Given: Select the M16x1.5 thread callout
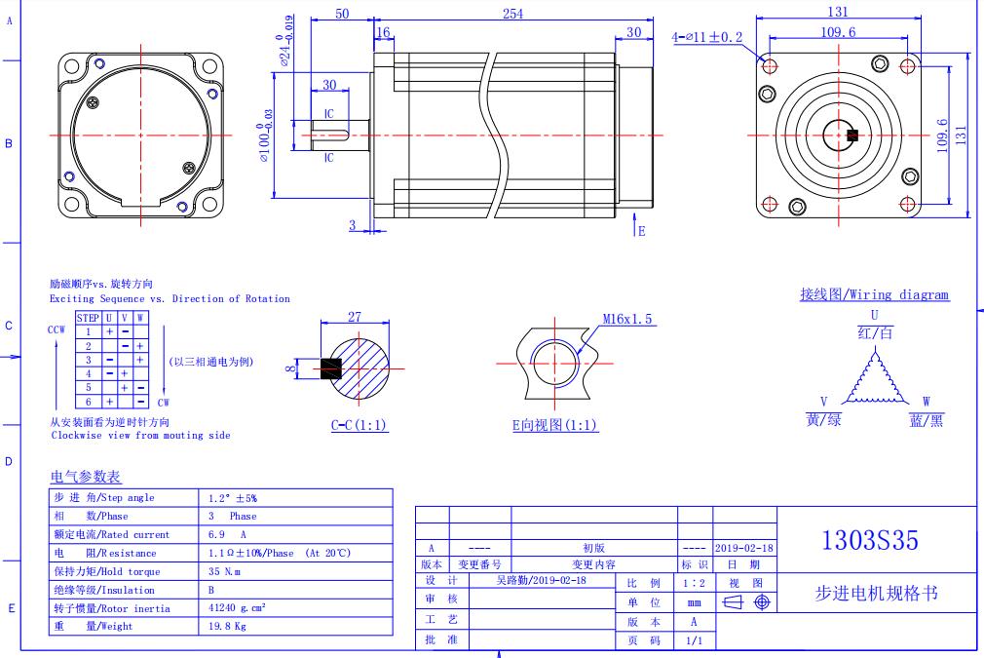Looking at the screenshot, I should (x=628, y=319).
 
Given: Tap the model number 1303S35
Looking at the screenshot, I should (x=870, y=541).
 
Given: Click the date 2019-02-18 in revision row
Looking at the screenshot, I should (x=744, y=548).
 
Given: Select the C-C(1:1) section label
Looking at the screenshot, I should (x=360, y=425).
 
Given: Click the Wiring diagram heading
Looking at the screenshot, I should (x=874, y=294).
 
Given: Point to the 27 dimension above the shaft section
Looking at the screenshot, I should (x=355, y=317).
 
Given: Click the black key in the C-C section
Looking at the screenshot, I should (x=331, y=368).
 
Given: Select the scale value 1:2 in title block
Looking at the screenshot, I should (x=695, y=581).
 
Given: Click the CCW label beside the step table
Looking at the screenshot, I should (x=57, y=329).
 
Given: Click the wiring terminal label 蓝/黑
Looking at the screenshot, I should (x=926, y=419).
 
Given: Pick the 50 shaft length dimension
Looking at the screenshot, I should (x=342, y=13).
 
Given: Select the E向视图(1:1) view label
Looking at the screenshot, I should (x=555, y=425).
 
